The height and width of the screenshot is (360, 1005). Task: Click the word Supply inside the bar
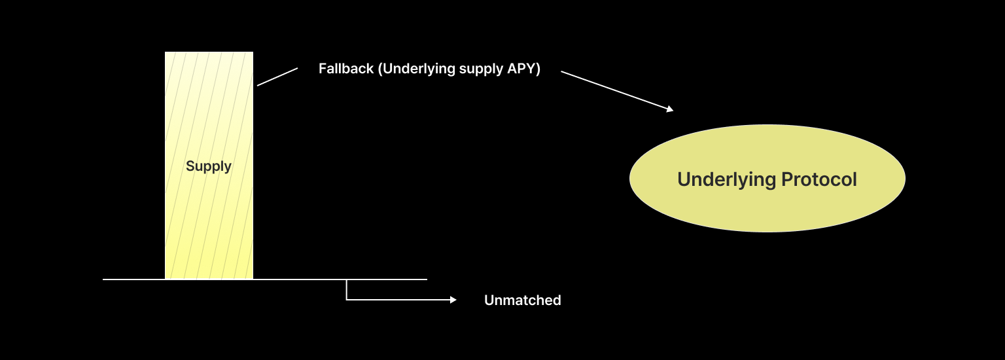point(209,166)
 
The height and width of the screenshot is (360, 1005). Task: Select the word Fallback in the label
point(346,69)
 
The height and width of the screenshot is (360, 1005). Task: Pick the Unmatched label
point(522,300)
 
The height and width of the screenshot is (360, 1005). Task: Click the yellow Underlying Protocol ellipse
point(767,203)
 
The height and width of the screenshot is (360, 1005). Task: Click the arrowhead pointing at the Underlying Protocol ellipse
point(670,109)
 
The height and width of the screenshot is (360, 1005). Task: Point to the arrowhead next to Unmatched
point(453,300)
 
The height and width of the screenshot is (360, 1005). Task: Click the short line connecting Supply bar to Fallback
point(277,77)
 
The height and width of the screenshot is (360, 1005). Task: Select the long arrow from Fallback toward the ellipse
point(615,91)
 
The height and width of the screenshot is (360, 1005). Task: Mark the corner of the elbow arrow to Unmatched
point(347,300)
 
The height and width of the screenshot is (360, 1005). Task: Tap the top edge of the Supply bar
point(209,52)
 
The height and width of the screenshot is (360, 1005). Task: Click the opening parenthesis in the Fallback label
point(379,69)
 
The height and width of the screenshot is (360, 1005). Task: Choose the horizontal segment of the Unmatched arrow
point(399,300)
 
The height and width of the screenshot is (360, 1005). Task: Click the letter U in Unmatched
point(489,300)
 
